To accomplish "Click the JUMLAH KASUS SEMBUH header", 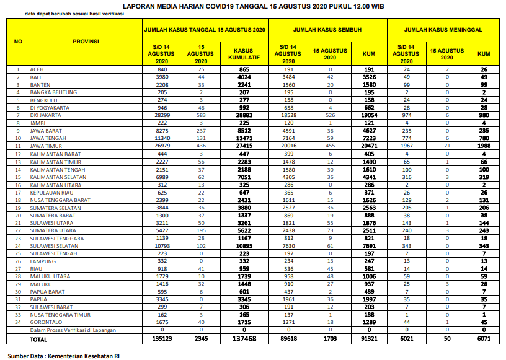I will [327, 29].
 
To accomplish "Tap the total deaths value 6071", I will [484, 340].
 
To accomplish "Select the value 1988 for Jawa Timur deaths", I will [484, 146].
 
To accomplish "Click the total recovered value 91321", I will [369, 340].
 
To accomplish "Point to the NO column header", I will [18, 42].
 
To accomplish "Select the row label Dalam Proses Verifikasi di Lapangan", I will [73, 330].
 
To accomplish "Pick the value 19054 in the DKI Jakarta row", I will [369, 115].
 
